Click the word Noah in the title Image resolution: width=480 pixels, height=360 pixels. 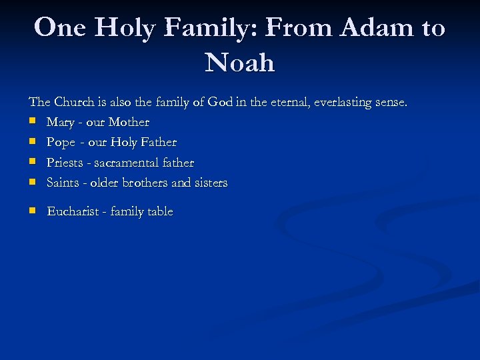tap(240, 62)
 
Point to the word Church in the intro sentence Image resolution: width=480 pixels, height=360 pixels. tap(75, 103)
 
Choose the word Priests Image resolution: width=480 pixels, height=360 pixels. tap(65, 163)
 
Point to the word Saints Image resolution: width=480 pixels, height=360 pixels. tap(63, 183)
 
